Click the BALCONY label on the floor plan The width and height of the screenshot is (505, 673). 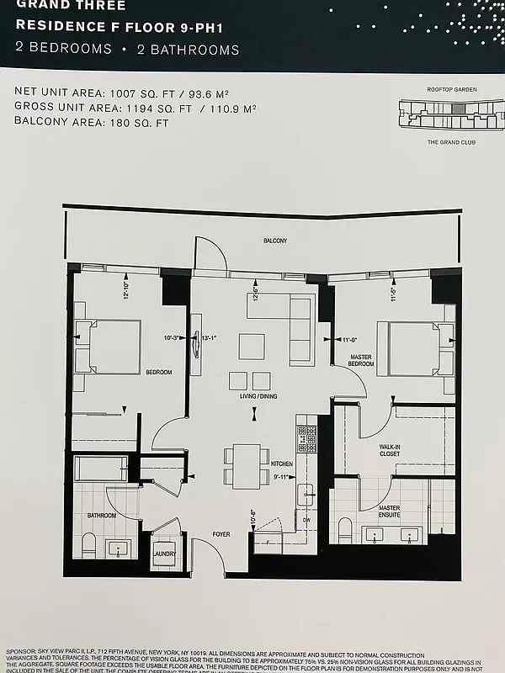tap(274, 241)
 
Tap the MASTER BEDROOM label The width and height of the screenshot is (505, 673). tap(361, 360)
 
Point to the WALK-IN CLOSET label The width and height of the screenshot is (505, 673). tap(389, 450)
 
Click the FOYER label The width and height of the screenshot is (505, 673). tap(221, 533)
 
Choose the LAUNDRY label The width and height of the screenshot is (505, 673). tap(165, 555)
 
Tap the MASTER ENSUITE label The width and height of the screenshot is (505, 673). tap(389, 511)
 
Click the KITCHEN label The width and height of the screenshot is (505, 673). tap(281, 464)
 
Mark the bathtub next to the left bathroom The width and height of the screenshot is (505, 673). tap(101, 468)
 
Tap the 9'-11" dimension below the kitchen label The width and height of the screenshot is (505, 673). tap(281, 477)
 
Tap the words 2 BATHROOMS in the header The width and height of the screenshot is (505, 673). tap(188, 50)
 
